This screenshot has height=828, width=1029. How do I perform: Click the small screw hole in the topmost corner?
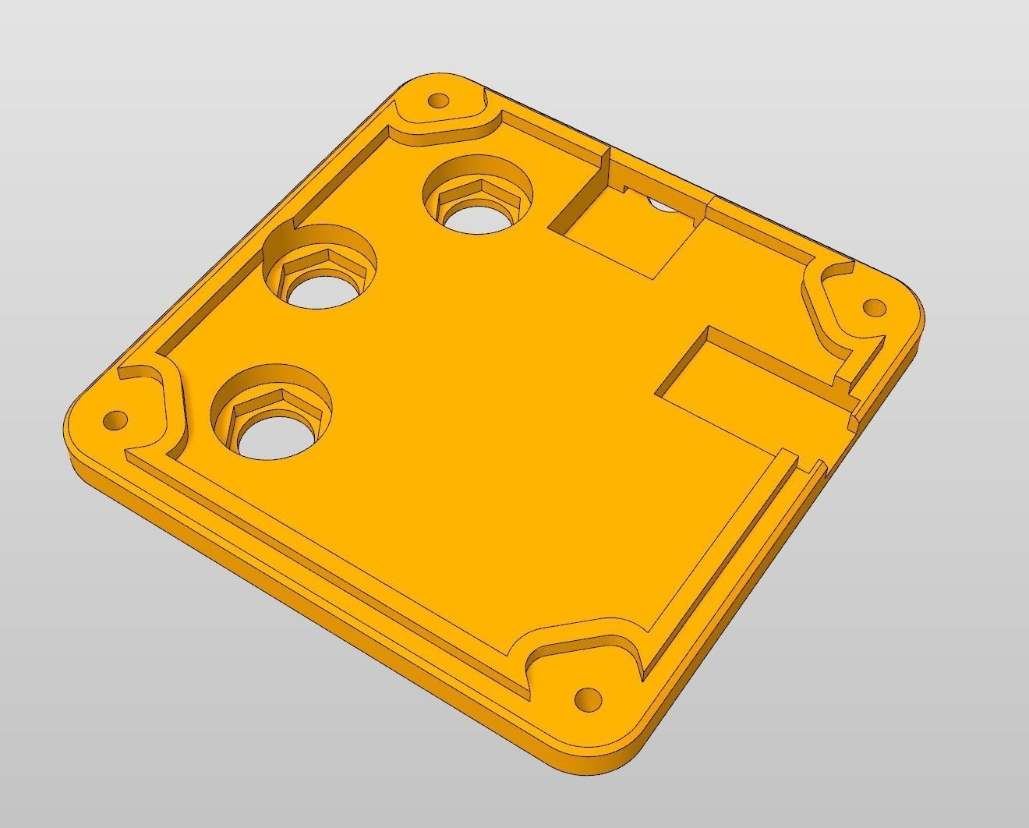pos(439,101)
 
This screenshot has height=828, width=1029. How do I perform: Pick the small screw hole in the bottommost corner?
pos(587,697)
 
